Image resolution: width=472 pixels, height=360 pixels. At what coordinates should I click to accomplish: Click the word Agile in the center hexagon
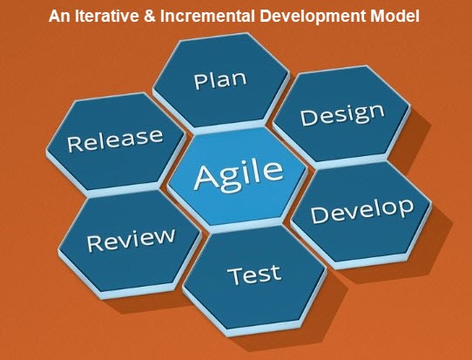pyautogui.click(x=239, y=176)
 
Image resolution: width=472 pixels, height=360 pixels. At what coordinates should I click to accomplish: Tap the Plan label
pyautogui.click(x=220, y=80)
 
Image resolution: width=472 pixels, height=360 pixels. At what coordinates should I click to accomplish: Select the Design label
pyautogui.click(x=342, y=116)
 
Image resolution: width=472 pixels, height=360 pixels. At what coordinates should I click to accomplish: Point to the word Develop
pyautogui.click(x=362, y=211)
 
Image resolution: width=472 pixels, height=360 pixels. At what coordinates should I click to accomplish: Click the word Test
pyautogui.click(x=254, y=275)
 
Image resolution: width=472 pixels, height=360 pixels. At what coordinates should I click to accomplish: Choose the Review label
pyautogui.click(x=131, y=240)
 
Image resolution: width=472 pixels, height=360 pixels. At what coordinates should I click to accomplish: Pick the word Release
pyautogui.click(x=115, y=139)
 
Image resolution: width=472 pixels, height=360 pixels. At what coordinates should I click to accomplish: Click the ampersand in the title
pyautogui.click(x=150, y=16)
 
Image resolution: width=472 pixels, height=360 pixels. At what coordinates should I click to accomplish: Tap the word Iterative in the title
pyautogui.click(x=107, y=16)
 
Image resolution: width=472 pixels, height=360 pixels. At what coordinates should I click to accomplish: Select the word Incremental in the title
pyautogui.click(x=207, y=16)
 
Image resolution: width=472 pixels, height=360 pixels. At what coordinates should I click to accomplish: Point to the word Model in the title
pyautogui.click(x=395, y=16)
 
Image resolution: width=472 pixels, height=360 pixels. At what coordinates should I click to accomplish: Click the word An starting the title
pyautogui.click(x=59, y=16)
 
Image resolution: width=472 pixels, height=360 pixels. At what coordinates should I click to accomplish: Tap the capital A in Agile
pyautogui.click(x=207, y=177)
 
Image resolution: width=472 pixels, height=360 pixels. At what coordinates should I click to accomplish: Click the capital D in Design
pyautogui.click(x=307, y=118)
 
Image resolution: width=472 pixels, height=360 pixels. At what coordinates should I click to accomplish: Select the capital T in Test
pyautogui.click(x=235, y=276)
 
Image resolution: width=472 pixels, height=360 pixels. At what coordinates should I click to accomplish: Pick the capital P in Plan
pyautogui.click(x=199, y=81)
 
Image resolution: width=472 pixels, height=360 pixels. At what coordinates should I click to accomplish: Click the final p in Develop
pyautogui.click(x=406, y=208)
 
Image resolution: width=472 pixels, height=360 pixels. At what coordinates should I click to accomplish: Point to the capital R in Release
pyautogui.click(x=73, y=145)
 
